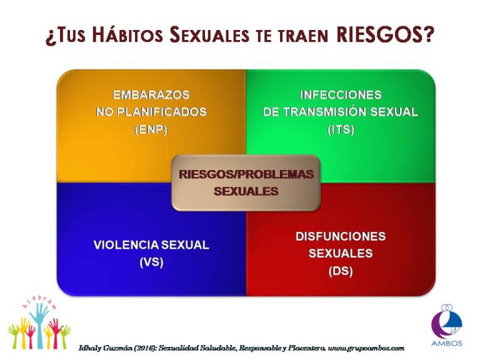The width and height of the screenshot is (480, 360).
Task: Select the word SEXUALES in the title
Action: point(210,34)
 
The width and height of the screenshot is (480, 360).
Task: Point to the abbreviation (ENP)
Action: point(151,130)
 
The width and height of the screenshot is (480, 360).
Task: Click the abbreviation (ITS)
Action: point(341,130)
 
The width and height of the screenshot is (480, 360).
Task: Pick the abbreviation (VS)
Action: point(151,262)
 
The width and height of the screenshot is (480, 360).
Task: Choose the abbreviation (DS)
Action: point(341,271)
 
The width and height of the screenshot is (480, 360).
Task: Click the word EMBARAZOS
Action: point(151,95)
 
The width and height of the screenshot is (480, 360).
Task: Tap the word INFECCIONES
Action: point(341,95)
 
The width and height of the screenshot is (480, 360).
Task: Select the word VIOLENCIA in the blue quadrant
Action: point(126,245)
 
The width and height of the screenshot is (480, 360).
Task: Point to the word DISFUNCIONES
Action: point(341,236)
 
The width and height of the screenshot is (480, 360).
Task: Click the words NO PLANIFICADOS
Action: point(151,112)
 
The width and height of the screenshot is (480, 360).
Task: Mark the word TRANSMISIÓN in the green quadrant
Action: point(325,111)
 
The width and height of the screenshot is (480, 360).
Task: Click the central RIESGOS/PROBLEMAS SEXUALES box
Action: point(246,183)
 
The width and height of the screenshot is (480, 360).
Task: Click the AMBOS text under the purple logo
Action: point(447,343)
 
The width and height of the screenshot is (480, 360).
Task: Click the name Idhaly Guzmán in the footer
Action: point(106,348)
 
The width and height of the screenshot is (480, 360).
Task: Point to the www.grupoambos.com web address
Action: point(366,348)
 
